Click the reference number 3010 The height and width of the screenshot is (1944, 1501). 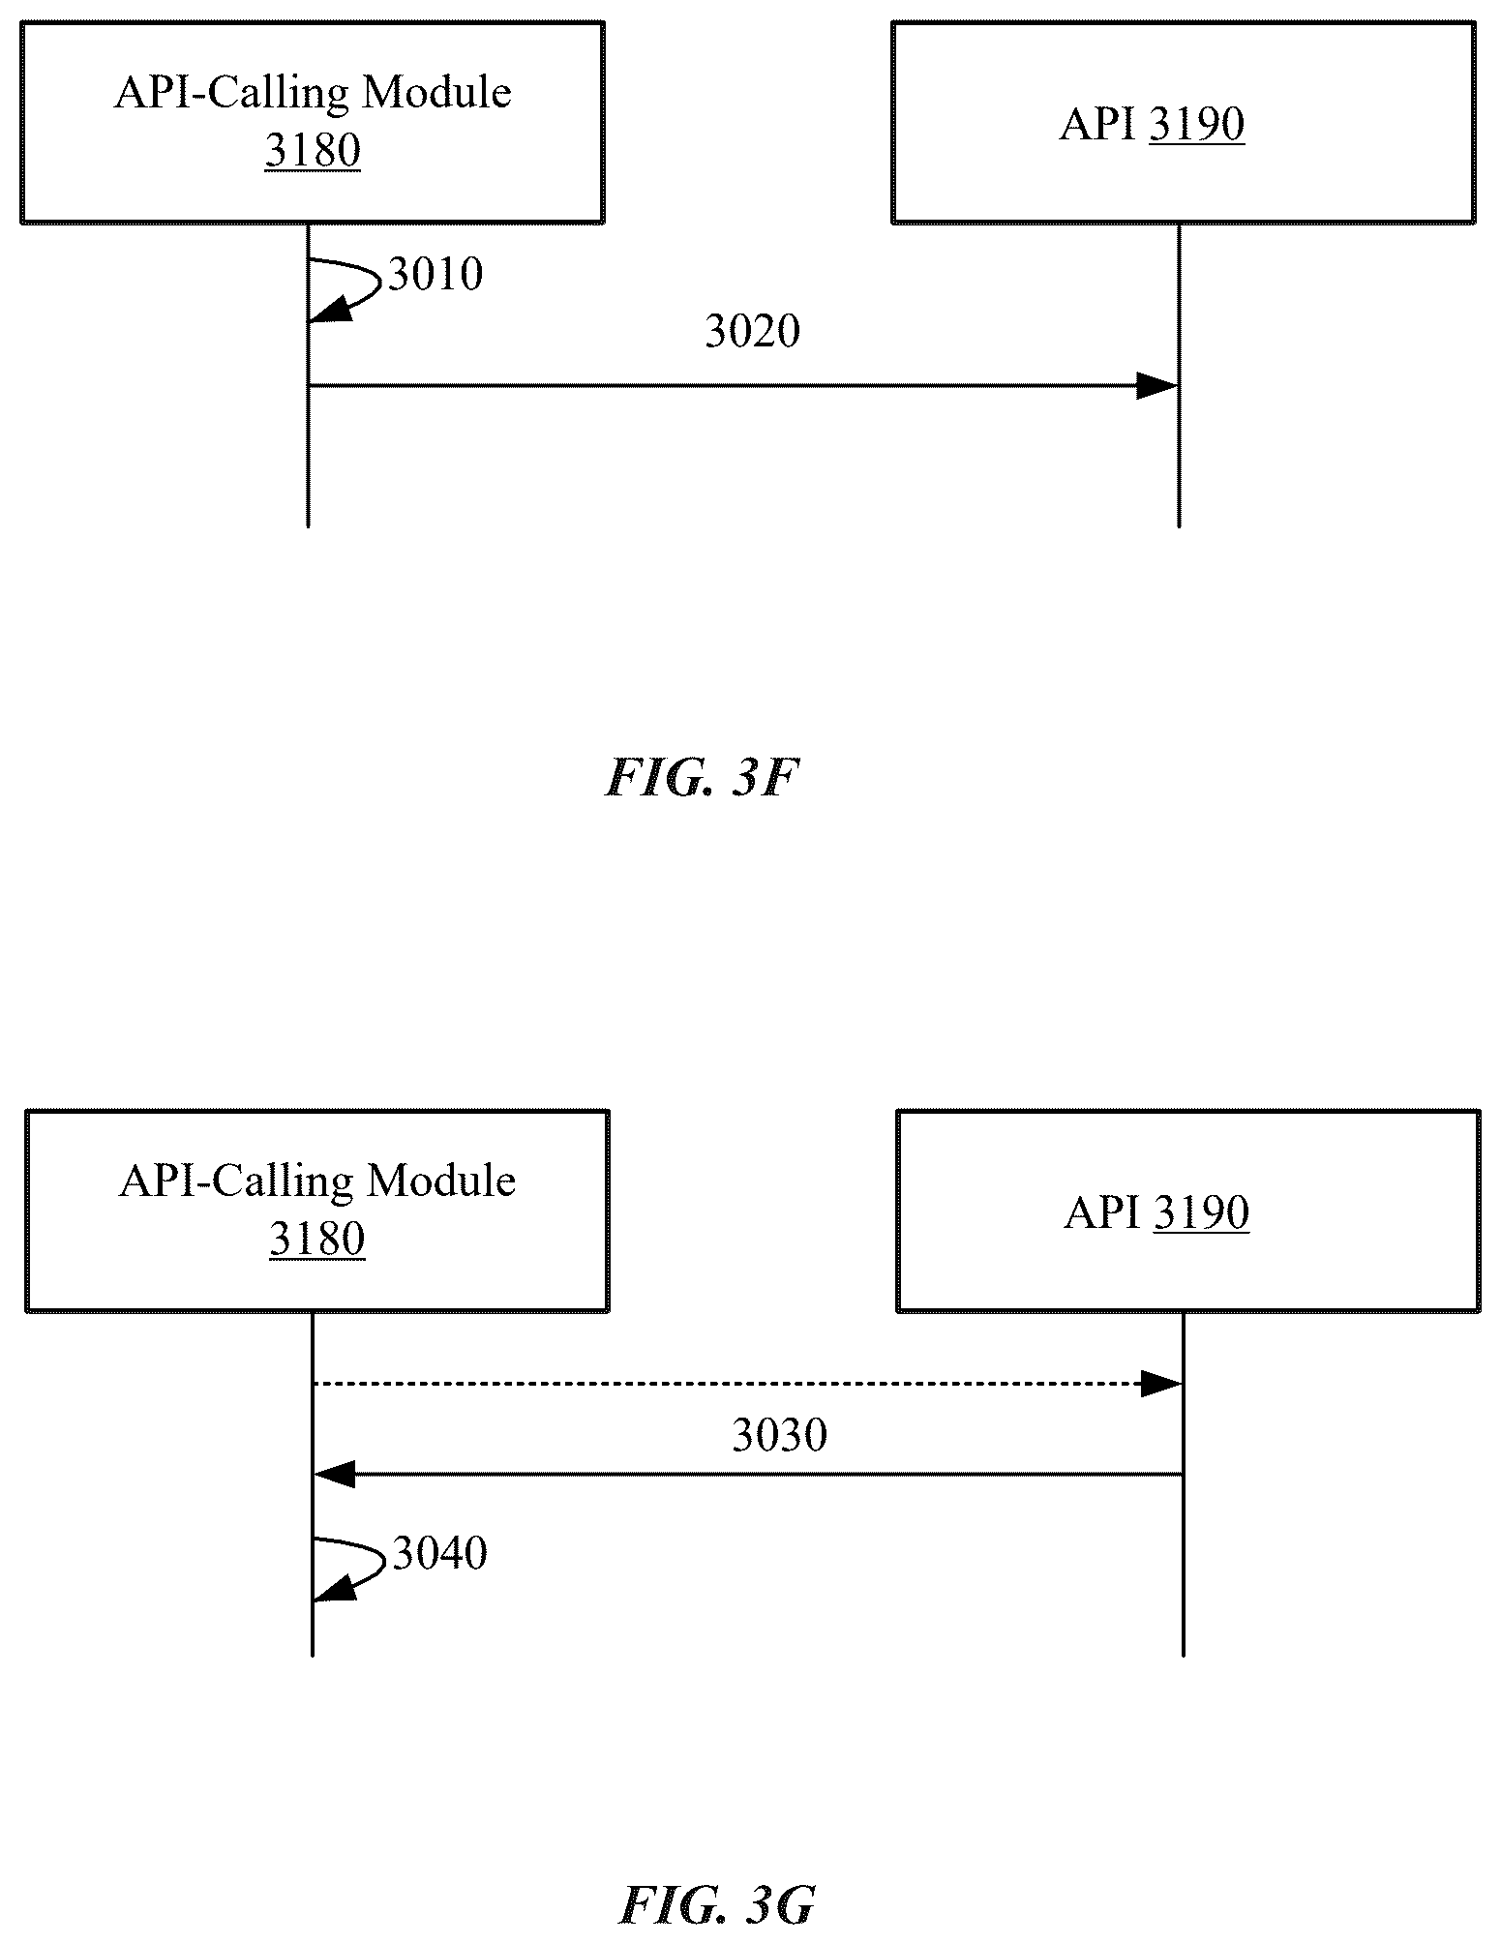pos(435,275)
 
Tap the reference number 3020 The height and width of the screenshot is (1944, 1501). pos(752,332)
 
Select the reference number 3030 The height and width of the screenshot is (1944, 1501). pos(779,1435)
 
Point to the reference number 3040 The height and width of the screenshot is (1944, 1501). pos(439,1554)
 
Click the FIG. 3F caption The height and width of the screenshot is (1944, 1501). pos(702,778)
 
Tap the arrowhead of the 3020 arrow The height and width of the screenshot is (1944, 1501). pos(1157,386)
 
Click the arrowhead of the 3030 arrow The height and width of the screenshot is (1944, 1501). pos(335,1476)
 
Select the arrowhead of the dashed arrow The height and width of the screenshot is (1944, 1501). pos(1161,1385)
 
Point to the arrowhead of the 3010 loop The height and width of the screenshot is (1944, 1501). pos(327,310)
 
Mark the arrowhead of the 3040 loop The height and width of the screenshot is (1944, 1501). pos(332,1588)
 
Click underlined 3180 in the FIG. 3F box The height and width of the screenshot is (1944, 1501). pos(313,151)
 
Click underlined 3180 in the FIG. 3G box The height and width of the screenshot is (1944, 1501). pos(316,1240)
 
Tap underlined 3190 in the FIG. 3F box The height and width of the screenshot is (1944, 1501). pos(1197,125)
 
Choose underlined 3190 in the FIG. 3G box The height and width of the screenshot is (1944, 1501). pos(1201,1212)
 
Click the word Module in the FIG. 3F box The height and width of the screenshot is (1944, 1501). pos(436,93)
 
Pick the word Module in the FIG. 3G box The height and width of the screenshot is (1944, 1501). pos(440,1181)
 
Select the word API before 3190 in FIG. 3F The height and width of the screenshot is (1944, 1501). pos(1098,125)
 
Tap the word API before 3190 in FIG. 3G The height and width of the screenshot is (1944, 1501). pos(1102,1212)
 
